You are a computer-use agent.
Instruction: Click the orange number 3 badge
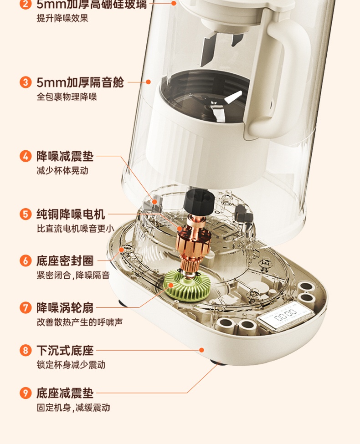coord(26,82)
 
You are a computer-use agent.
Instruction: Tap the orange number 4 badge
coord(26,156)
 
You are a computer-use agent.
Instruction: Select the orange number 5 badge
coord(26,214)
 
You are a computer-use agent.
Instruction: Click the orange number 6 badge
coord(26,261)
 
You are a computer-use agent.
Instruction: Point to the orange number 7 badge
coord(26,307)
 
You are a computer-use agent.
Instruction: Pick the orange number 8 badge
coord(26,351)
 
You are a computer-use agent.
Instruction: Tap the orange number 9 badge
coord(26,393)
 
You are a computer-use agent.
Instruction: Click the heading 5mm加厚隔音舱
coord(80,82)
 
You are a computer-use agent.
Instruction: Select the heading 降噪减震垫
coord(65,156)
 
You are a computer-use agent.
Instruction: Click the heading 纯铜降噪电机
coord(71,214)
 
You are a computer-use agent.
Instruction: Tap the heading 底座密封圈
coord(65,261)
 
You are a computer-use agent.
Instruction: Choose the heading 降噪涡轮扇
coord(65,307)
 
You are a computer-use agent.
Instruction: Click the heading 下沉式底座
coord(65,351)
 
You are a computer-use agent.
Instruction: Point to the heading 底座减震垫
coord(65,393)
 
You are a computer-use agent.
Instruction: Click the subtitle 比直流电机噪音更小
coord(75,229)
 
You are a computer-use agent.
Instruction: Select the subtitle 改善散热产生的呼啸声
coord(80,322)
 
